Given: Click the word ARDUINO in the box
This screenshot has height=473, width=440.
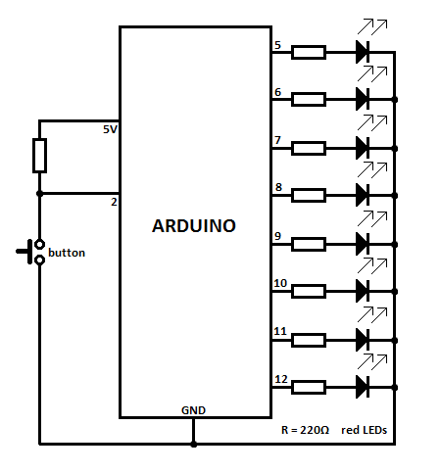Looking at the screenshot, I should [194, 225].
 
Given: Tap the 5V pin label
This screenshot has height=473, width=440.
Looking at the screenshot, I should [110, 129].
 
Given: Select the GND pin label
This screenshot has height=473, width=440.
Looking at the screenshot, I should [193, 409].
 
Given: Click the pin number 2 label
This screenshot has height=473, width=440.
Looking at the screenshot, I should [114, 202].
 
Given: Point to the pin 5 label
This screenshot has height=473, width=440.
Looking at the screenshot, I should [278, 44].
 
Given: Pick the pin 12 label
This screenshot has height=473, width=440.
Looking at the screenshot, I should [280, 378].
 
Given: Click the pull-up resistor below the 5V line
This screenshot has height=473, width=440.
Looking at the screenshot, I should [39, 155].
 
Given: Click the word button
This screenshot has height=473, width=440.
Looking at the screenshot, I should [67, 253].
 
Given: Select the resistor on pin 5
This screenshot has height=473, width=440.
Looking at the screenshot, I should [309, 52].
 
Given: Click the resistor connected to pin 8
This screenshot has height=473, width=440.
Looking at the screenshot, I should [309, 195].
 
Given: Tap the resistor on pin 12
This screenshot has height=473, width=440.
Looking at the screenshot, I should [309, 387].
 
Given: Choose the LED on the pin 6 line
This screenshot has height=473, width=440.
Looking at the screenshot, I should [363, 99].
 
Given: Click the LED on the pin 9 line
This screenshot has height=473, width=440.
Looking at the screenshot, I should [363, 243].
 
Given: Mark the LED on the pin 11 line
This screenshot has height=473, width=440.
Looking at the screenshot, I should [363, 339].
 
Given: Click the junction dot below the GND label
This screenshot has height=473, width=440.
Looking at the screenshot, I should [193, 445].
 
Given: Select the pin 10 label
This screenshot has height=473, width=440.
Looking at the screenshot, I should [280, 283].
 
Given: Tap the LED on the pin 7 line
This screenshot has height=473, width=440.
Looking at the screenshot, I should [363, 147].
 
